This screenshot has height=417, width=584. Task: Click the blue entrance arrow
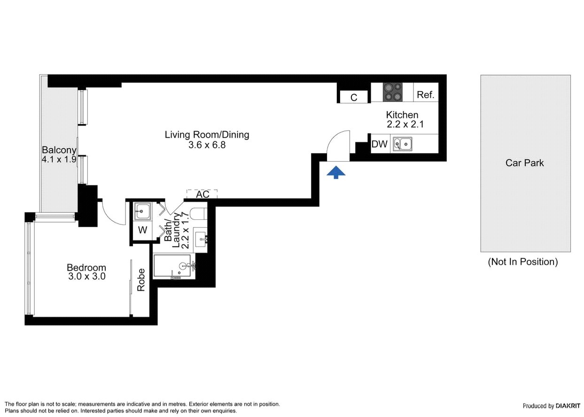click(336, 172)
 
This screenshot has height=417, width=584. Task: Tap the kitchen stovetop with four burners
click(393, 92)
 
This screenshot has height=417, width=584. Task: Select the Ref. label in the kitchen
click(426, 94)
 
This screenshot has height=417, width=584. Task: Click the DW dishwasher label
click(379, 144)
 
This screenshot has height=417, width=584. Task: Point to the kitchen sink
click(403, 144)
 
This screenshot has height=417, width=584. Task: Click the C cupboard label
click(354, 98)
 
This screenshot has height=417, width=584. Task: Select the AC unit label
click(202, 194)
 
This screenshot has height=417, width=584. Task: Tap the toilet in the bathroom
click(198, 214)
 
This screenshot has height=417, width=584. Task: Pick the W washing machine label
click(143, 230)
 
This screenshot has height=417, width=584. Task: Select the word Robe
click(141, 280)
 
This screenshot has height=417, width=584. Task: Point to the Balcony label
click(59, 150)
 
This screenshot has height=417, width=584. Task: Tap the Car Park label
click(524, 163)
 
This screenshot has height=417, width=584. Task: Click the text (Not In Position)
click(523, 262)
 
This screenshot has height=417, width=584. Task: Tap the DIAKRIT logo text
click(568, 406)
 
